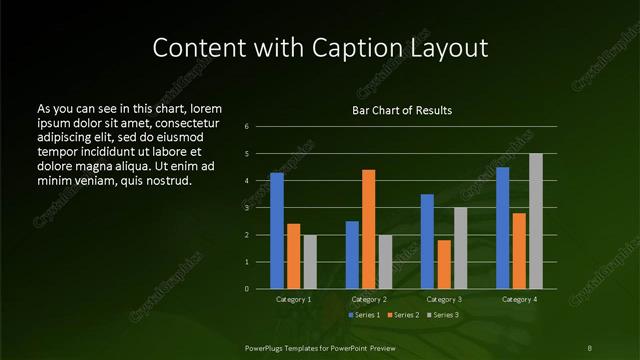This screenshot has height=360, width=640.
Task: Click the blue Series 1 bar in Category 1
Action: (x=276, y=230)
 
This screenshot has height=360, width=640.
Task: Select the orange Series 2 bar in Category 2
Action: (x=368, y=229)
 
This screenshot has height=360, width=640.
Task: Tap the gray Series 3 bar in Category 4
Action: (x=535, y=221)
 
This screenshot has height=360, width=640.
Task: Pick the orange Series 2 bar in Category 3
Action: (x=444, y=264)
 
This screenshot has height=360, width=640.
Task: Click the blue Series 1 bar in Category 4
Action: (x=503, y=227)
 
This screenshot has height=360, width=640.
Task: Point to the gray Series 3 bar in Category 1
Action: (x=309, y=261)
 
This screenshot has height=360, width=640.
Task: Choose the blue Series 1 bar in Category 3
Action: (x=427, y=241)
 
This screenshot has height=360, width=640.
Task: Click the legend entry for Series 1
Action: (x=365, y=315)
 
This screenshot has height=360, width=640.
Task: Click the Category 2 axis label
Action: (x=368, y=299)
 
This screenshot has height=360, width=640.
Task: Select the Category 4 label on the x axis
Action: (x=519, y=299)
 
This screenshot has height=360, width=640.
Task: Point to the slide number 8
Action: (x=589, y=346)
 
